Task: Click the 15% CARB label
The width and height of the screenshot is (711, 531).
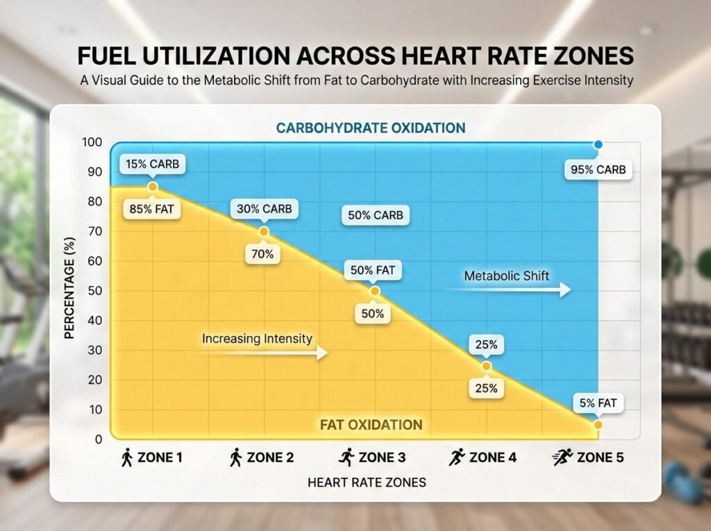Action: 152,165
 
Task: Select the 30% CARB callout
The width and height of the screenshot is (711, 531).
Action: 265,208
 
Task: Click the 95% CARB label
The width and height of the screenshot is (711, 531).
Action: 598,169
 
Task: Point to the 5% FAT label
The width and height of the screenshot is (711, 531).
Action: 599,402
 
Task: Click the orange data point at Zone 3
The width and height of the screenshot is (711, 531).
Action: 375,292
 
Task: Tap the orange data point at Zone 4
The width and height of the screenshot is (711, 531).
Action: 486,366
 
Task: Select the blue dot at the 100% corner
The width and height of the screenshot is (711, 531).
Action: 598,145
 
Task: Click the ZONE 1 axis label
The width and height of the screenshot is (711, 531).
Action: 160,457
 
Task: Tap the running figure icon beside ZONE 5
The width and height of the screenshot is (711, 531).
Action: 562,457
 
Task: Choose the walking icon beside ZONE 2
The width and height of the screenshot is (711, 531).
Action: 236,457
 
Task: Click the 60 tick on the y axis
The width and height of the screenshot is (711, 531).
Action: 93,262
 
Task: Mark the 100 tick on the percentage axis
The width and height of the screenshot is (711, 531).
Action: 92,143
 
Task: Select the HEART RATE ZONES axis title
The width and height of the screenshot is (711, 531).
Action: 367,482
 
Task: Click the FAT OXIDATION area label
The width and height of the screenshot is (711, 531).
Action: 371,424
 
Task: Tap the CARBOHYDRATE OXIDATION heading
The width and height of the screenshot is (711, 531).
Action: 370,128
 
